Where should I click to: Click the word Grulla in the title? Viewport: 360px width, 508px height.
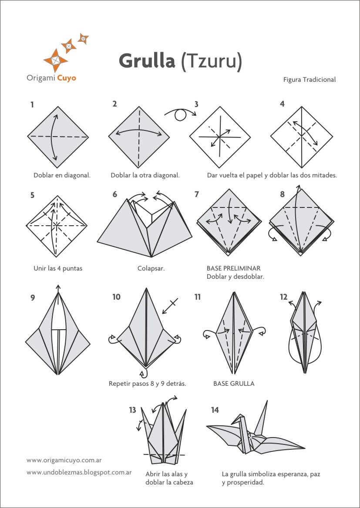pyautogui.click(x=147, y=61)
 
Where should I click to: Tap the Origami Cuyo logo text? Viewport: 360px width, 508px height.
pyautogui.click(x=51, y=78)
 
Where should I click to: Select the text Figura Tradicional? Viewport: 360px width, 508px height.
pyautogui.click(x=309, y=80)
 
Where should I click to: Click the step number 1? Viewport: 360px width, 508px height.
pyautogui.click(x=32, y=104)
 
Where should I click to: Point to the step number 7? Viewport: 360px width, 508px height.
pyautogui.click(x=196, y=194)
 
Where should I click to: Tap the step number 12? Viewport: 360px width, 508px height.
pyautogui.click(x=283, y=297)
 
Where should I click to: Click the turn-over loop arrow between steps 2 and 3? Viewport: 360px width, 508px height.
pyautogui.click(x=180, y=115)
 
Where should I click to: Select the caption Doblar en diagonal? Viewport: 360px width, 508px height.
pyautogui.click(x=62, y=175)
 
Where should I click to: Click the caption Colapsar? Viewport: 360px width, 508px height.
pyautogui.click(x=151, y=268)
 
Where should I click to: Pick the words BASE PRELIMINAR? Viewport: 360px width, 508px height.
pyautogui.click(x=233, y=268)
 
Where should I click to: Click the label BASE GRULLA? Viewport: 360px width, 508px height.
pyautogui.click(x=234, y=384)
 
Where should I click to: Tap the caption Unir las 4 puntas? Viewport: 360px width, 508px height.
pyautogui.click(x=58, y=268)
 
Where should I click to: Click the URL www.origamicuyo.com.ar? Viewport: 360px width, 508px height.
pyautogui.click(x=64, y=460)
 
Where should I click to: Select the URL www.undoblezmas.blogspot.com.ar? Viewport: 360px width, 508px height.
pyautogui.click(x=79, y=471)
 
